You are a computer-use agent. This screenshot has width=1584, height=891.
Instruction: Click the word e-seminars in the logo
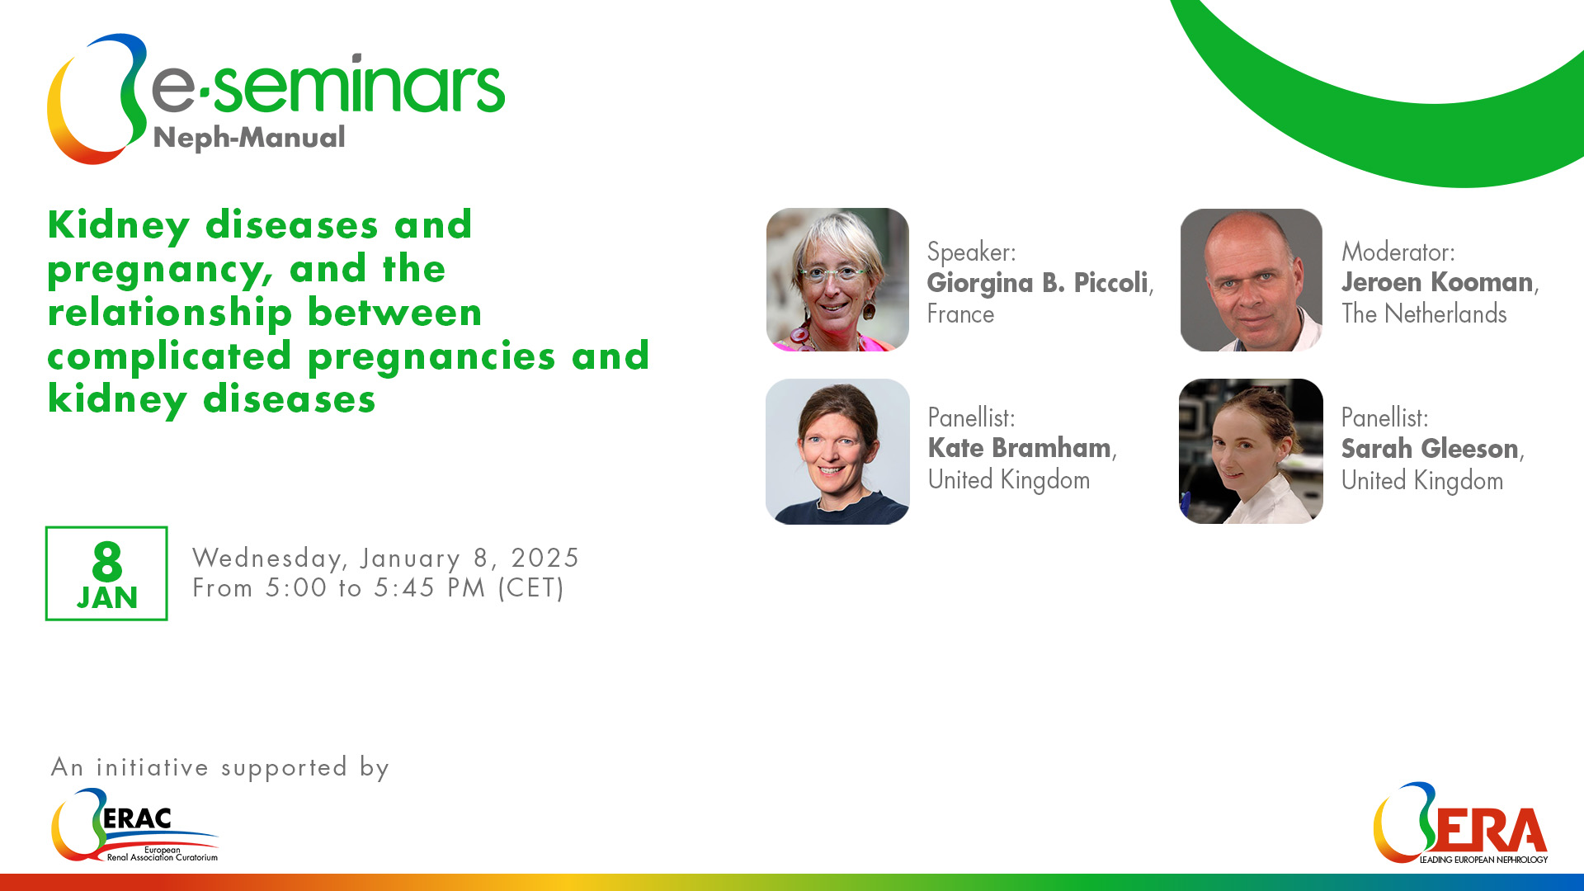[328, 85]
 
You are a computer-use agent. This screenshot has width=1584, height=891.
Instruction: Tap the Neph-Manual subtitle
[249, 138]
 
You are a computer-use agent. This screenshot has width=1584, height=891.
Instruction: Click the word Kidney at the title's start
[119, 226]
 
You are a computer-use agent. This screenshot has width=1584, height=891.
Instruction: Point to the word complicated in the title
[169, 356]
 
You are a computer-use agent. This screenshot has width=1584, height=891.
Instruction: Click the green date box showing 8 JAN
[106, 573]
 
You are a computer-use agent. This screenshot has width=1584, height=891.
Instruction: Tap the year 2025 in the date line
[544, 559]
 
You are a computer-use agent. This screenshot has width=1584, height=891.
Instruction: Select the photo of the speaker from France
[837, 280]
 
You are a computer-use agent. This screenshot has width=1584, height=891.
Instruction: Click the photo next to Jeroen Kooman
[1252, 280]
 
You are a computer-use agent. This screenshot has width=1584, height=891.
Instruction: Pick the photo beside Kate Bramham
[837, 451]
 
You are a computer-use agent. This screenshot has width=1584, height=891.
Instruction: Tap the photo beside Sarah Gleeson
[1251, 451]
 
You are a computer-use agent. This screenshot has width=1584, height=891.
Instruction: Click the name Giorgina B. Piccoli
[1038, 283]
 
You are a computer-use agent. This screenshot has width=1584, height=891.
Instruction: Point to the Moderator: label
[1398, 252]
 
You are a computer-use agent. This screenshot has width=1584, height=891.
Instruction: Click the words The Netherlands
[1424, 313]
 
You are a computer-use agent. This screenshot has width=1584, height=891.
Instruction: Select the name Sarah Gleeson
[1430, 449]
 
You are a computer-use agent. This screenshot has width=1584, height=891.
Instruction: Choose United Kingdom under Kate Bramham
[1009, 480]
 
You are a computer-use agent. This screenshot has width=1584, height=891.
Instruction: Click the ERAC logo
[134, 825]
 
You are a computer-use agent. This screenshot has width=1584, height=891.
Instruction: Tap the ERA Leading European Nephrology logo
[1460, 823]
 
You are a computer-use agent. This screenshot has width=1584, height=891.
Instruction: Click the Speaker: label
[972, 252]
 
